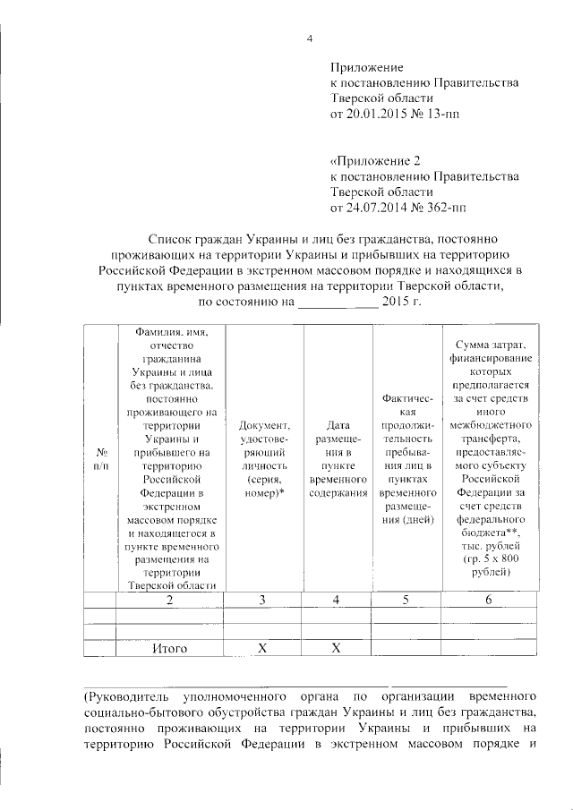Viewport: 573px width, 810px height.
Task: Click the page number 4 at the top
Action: coord(309,38)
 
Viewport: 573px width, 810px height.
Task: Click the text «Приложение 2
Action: coord(375,161)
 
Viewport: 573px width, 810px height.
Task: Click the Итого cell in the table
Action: coord(169,649)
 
